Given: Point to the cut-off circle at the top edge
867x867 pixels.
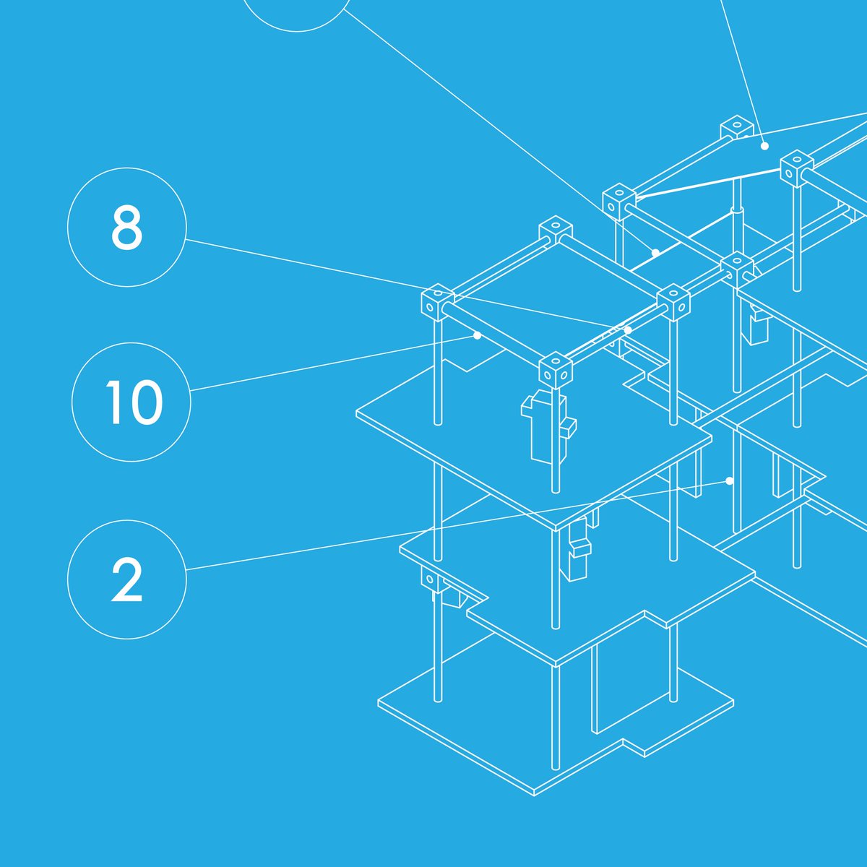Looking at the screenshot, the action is (x=297, y=32).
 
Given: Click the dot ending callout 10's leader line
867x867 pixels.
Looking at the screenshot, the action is (x=478, y=336).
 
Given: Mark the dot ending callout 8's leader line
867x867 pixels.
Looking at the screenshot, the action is (x=628, y=330).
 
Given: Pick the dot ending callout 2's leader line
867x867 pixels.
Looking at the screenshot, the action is (x=729, y=481).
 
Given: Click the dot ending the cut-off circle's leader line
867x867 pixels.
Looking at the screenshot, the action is (x=655, y=253).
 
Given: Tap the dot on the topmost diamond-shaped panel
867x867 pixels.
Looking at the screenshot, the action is (x=764, y=146).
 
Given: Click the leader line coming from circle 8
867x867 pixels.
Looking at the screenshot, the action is (x=407, y=285).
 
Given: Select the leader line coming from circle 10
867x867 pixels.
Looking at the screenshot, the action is (x=334, y=363).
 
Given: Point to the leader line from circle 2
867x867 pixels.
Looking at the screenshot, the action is (x=457, y=525).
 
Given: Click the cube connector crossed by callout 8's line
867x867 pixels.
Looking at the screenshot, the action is (x=438, y=301).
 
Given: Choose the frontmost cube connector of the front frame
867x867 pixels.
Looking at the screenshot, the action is (x=555, y=371).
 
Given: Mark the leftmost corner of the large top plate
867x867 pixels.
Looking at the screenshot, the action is (x=356, y=410).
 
